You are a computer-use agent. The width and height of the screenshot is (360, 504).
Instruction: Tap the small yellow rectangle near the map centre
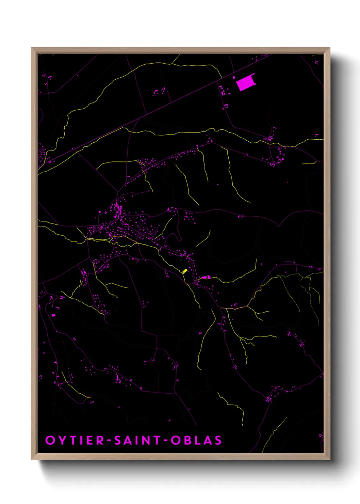[x=185, y=271]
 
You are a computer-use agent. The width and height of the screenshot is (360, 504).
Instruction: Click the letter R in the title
[x=100, y=440]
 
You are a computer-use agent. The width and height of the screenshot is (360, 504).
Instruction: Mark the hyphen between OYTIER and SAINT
[x=109, y=441]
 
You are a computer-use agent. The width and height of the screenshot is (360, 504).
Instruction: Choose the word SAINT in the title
[x=137, y=440]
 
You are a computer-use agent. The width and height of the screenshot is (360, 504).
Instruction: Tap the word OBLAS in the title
[x=196, y=440]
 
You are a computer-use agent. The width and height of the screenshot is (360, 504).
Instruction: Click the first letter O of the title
[x=50, y=440]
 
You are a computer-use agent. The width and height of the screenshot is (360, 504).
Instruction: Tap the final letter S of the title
[x=217, y=440]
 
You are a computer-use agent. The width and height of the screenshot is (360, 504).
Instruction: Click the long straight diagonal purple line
[x=153, y=113]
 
